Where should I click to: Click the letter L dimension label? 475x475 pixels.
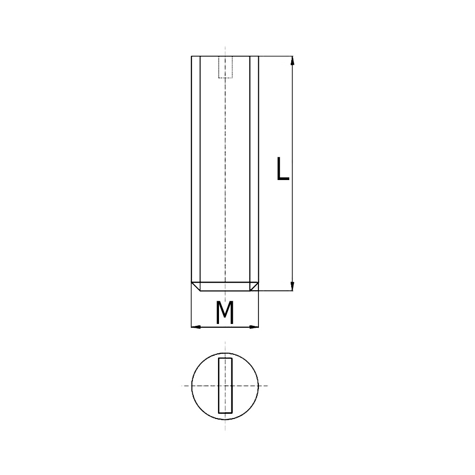pos(283,169)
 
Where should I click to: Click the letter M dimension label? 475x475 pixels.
pos(224,313)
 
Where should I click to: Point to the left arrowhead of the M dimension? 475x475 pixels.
pos(195,326)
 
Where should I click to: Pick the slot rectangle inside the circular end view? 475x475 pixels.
pos(225,385)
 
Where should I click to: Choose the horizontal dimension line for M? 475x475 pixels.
pos(209,326)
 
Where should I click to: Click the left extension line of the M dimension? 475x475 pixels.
pos(191,309)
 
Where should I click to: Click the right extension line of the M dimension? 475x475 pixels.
pos(259,309)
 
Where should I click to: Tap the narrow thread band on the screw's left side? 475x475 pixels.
pos(196,166)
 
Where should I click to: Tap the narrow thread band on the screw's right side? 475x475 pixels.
pos(254,166)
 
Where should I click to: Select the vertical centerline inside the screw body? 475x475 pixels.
pos(225,190)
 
